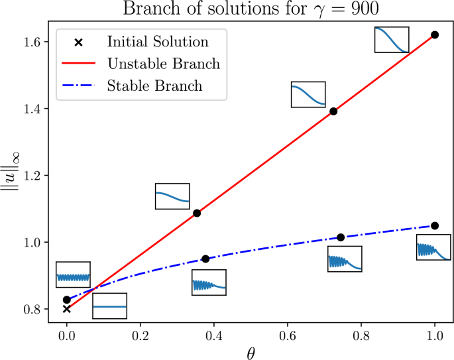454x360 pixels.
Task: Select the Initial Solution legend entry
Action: tap(158, 42)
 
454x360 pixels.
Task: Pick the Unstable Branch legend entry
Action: tap(163, 64)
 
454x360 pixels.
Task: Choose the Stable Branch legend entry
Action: tap(154, 86)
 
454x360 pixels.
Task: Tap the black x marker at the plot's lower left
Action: tap(66, 308)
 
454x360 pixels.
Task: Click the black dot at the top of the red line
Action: tap(435, 34)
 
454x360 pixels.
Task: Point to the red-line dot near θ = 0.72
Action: tap(333, 111)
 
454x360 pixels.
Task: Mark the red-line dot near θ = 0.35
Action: tap(197, 213)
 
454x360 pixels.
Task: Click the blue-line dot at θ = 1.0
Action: tap(435, 225)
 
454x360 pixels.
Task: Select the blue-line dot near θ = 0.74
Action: tap(341, 237)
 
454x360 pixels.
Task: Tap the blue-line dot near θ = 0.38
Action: tap(205, 259)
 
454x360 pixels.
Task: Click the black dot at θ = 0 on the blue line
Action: tap(66, 300)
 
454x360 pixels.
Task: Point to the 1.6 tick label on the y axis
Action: tap(33, 42)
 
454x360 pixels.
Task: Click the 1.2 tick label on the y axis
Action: tap(33, 176)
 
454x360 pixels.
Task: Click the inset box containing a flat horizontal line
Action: tap(109, 306)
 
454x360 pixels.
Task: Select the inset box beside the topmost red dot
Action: tap(392, 39)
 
